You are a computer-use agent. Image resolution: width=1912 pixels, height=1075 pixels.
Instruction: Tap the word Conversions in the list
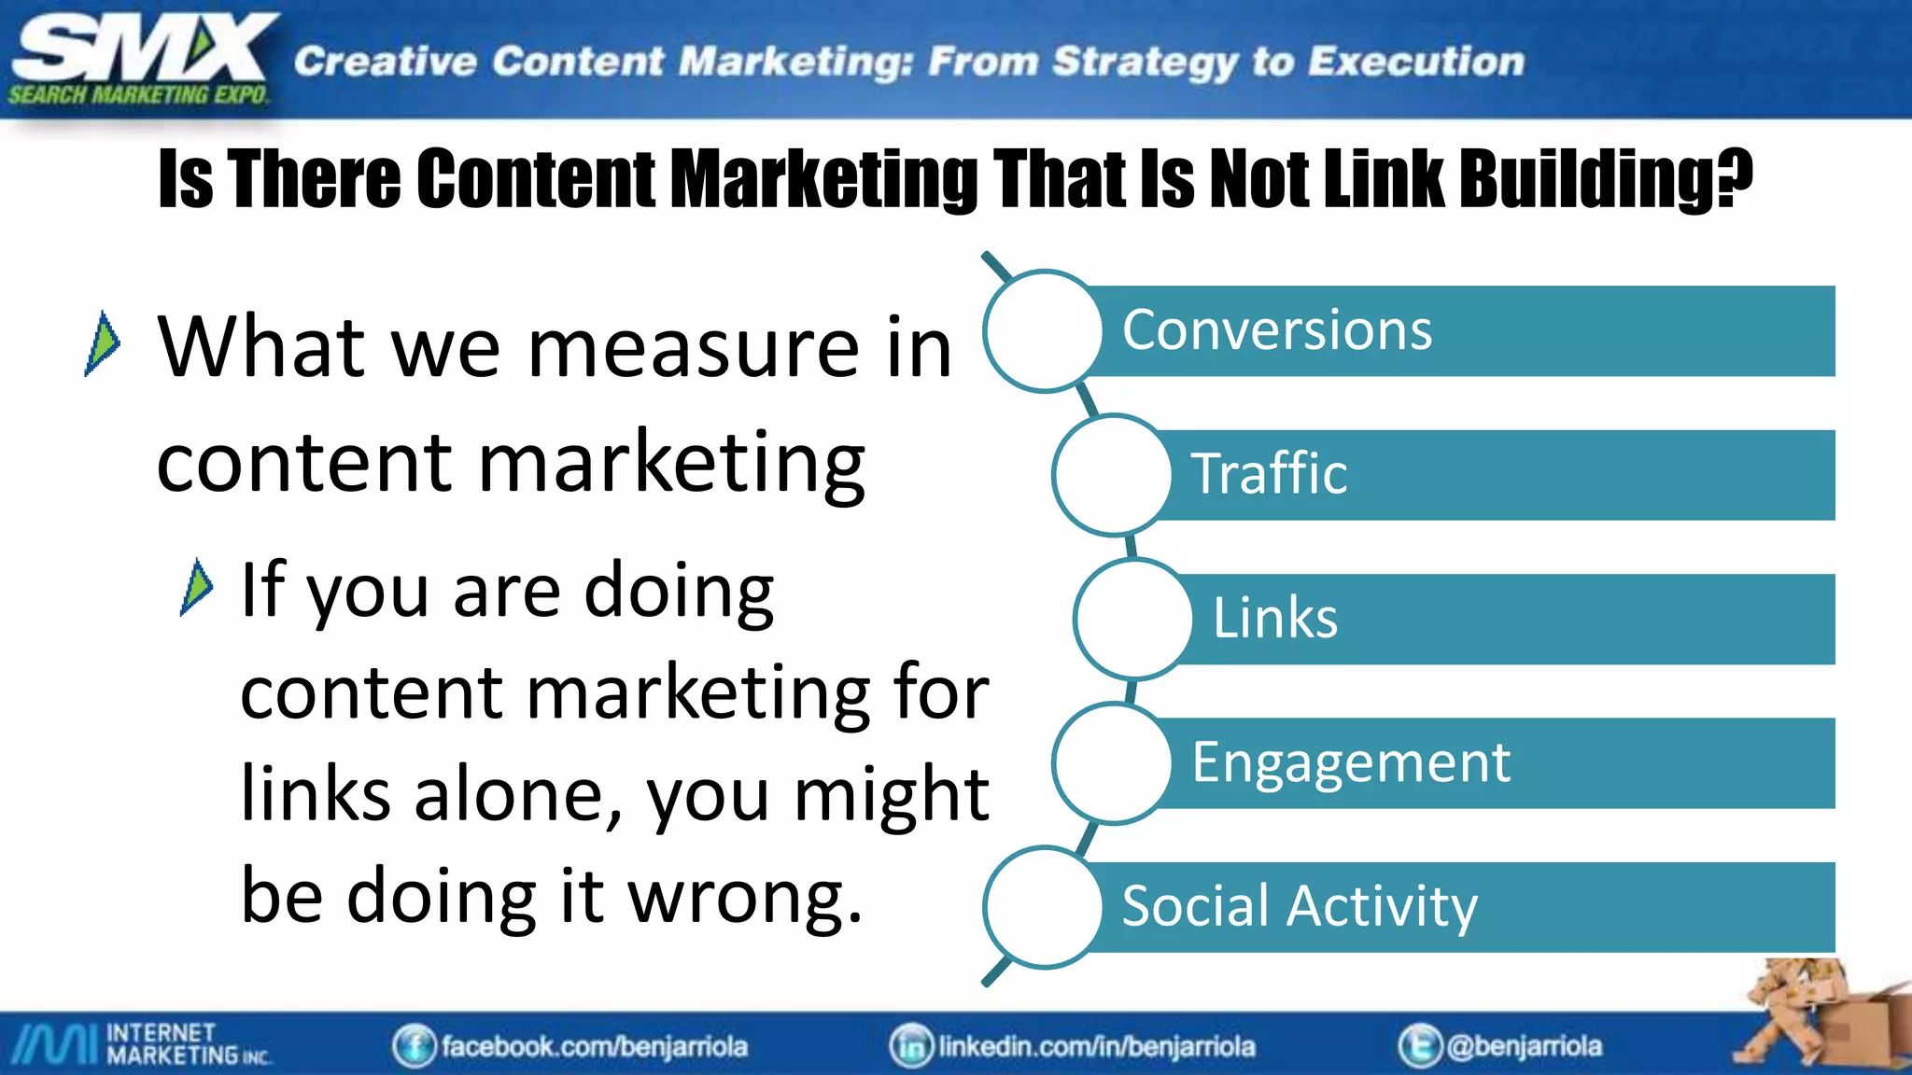click(x=1276, y=330)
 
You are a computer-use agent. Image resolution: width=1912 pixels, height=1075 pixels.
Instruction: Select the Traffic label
click(x=1269, y=474)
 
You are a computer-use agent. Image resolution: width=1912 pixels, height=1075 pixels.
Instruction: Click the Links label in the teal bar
click(x=1274, y=618)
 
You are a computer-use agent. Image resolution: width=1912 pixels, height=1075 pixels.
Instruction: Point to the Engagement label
click(x=1350, y=762)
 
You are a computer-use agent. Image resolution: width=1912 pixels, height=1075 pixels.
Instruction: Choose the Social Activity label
click(x=1299, y=906)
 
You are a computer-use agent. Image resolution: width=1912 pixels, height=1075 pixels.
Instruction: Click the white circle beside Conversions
click(x=1044, y=331)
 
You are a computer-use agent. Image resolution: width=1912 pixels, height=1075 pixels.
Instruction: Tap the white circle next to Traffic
click(x=1112, y=475)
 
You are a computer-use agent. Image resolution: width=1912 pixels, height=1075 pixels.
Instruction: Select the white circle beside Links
click(x=1133, y=619)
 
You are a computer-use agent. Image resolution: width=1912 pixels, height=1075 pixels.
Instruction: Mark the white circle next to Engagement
click(x=1112, y=763)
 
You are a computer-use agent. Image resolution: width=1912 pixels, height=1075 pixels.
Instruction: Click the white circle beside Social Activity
click(x=1044, y=907)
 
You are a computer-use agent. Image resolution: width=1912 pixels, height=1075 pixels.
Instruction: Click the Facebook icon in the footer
click(x=414, y=1046)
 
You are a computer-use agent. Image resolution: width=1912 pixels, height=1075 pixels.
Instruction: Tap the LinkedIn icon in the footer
click(x=910, y=1046)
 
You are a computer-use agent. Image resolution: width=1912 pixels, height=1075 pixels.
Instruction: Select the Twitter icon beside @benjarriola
click(x=1419, y=1046)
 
